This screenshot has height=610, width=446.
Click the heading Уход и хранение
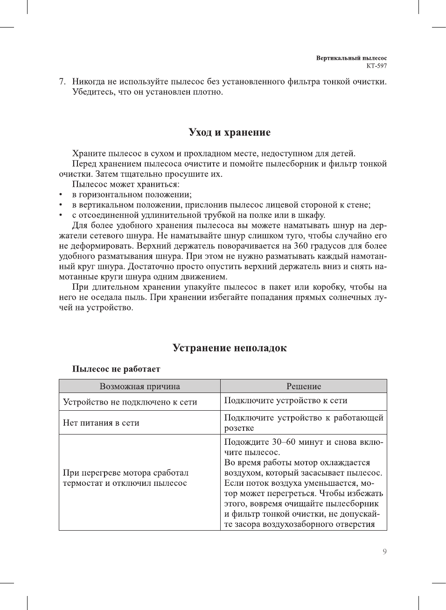point(230,133)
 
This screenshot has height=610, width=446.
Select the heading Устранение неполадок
point(230,348)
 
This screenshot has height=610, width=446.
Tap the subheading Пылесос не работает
point(116,369)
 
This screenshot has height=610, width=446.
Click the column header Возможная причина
point(139,386)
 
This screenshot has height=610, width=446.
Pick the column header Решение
point(304,386)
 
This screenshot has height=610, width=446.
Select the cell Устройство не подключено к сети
point(130,402)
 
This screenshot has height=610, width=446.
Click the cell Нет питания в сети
point(101,423)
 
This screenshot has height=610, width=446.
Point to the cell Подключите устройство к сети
point(286,400)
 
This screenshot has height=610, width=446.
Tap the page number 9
point(384,552)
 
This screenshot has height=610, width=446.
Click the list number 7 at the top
point(62,82)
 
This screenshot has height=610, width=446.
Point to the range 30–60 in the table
point(283,442)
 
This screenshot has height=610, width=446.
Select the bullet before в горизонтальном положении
point(61,195)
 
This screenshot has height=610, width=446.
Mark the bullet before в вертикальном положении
point(61,205)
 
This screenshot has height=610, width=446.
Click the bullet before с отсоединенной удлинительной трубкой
point(61,215)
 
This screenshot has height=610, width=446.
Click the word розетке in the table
point(239,428)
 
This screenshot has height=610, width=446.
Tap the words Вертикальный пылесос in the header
point(351,58)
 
